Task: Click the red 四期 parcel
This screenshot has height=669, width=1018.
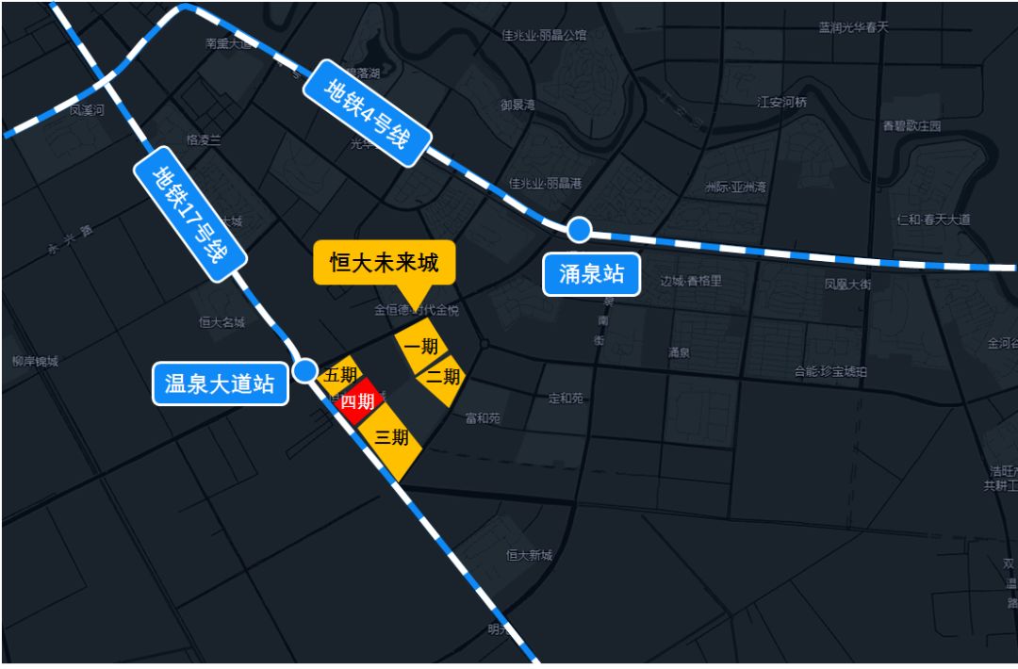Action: click(358, 402)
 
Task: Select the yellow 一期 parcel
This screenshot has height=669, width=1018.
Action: click(420, 347)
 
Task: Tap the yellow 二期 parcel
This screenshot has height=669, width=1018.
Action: click(442, 378)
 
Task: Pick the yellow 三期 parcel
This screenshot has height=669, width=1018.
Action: click(391, 439)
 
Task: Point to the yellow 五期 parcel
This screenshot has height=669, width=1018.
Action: click(337, 374)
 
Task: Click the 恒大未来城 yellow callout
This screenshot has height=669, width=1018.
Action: click(384, 262)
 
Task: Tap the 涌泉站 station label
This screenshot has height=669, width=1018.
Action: click(592, 276)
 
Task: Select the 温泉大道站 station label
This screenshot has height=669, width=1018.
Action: click(220, 384)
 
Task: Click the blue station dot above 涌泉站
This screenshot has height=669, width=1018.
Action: click(579, 229)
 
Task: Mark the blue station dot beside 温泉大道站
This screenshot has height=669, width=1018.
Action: click(304, 369)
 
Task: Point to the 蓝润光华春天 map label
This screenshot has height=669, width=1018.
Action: click(853, 27)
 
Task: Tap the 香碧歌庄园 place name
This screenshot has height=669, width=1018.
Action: click(911, 125)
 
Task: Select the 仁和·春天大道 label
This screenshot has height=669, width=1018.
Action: click(933, 220)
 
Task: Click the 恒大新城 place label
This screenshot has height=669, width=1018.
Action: click(528, 555)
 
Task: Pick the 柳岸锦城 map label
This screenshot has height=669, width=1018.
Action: click(36, 361)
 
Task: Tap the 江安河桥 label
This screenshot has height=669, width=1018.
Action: click(781, 102)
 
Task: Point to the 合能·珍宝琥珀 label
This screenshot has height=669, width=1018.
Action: click(830, 371)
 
